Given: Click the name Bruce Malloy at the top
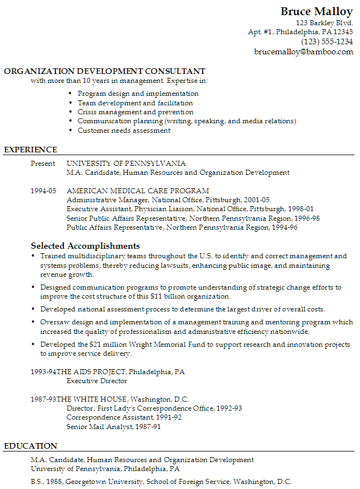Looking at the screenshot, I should tap(316, 12).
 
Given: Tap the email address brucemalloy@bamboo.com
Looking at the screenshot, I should tap(303, 52).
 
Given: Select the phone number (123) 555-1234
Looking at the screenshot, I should tap(327, 41).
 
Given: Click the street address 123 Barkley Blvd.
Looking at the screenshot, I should tap(324, 23).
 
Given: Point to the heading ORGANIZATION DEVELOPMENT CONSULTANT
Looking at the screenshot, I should tap(105, 71).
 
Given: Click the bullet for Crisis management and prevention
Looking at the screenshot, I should tap(70, 112).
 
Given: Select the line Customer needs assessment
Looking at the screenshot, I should tap(124, 131).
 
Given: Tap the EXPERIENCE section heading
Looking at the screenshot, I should tap(30, 150).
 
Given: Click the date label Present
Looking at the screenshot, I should tap(43, 164).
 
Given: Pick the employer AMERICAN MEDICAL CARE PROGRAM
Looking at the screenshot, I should tap(138, 190).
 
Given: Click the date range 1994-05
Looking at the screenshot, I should tap(44, 190).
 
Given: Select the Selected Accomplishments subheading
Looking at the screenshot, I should tap(85, 246).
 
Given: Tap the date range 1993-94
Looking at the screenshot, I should tap(44, 372).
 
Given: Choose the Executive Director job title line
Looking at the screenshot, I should tap(97, 381).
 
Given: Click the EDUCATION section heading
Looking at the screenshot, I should tap(30, 446).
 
